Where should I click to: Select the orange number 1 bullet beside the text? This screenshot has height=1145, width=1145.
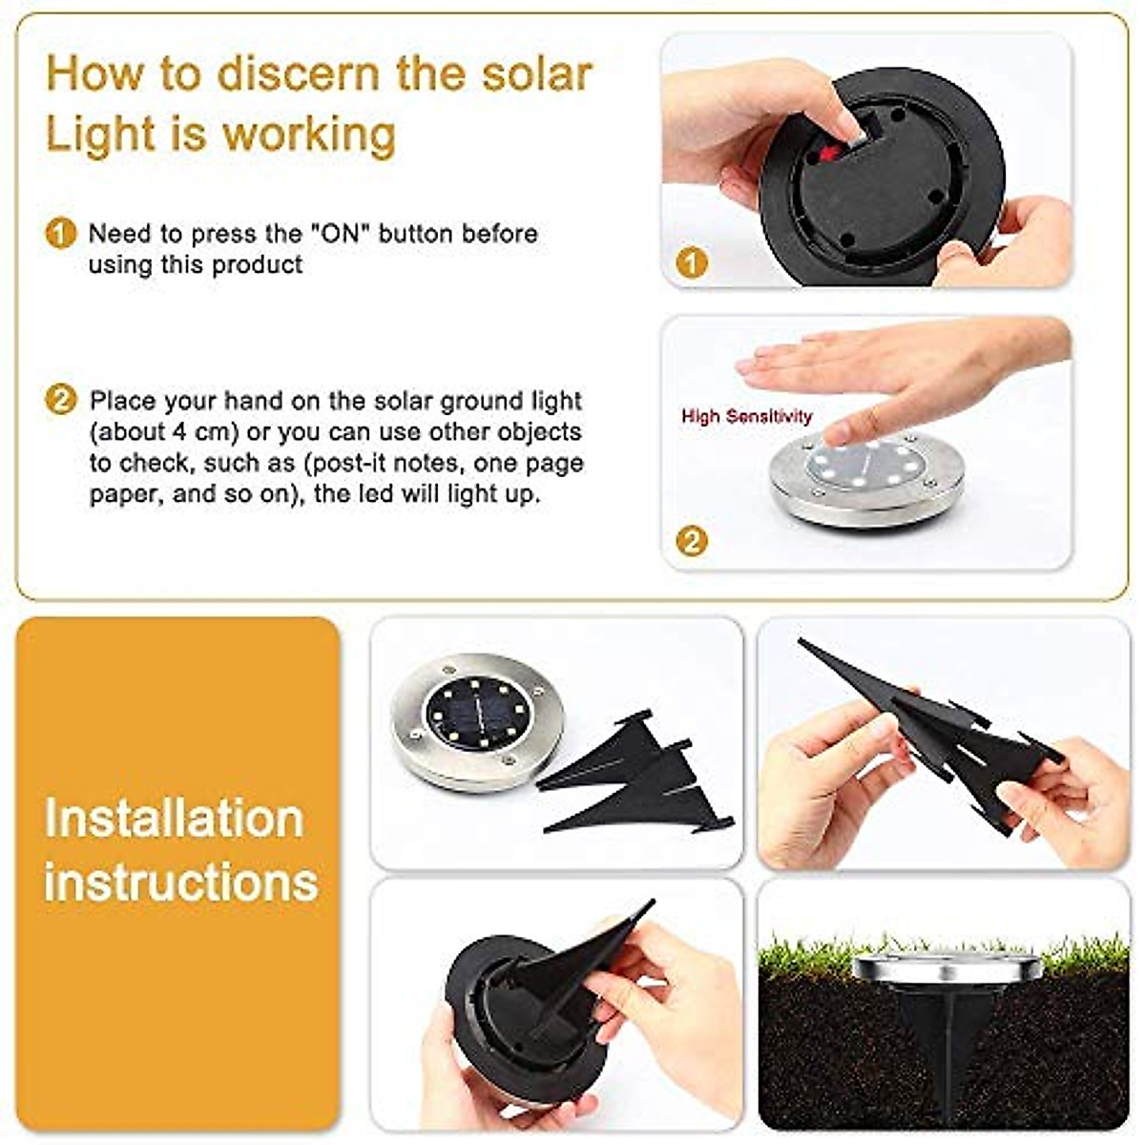(x=60, y=234)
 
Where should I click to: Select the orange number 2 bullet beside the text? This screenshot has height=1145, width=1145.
(x=60, y=400)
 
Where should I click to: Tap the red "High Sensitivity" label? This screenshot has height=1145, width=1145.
(x=746, y=416)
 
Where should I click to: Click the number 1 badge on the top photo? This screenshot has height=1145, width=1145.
(x=692, y=263)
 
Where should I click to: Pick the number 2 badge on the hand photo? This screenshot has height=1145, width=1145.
(x=692, y=542)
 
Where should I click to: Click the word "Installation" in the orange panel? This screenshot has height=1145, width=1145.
(x=174, y=819)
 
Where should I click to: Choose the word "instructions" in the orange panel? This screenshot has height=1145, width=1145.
(x=180, y=881)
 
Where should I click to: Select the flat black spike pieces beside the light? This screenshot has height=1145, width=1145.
(x=635, y=773)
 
